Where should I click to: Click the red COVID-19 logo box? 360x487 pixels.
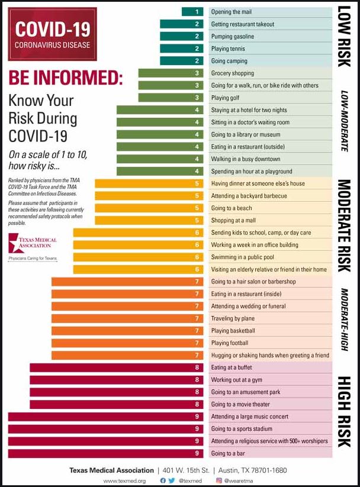tap(52, 33)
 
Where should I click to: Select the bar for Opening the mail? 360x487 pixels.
tap(192, 12)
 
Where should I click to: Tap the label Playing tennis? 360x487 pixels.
tap(228, 49)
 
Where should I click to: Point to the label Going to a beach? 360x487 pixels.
tap(232, 208)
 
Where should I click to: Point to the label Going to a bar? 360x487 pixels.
tap(228, 453)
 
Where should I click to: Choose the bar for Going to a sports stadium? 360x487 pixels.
tap(106, 429)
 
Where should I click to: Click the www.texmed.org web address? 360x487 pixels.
tap(124, 480)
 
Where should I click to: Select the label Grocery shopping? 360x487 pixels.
tap(233, 73)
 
